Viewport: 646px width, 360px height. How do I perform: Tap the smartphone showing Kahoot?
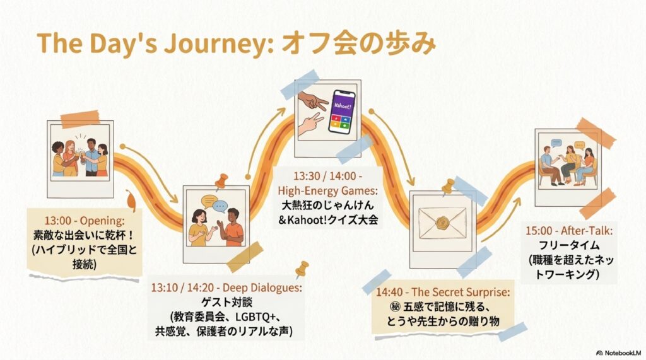pos(342,112)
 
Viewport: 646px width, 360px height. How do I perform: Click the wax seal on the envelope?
pos(442,223)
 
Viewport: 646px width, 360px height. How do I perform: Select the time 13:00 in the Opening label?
pos(57,221)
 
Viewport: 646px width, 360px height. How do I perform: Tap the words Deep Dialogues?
pos(262,287)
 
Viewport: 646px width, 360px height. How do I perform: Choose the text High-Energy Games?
pos(327,190)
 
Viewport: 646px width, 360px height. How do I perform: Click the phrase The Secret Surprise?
pos(460,292)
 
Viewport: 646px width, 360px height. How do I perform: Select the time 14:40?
pos(389,293)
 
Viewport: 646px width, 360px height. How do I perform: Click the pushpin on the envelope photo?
pos(448,186)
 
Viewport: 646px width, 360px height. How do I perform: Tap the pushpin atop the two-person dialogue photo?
pos(221,182)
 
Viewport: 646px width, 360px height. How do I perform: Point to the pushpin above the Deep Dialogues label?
pos(302,269)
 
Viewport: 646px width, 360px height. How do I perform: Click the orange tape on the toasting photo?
pos(80,119)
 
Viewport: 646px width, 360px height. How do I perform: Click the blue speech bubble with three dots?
pos(220,206)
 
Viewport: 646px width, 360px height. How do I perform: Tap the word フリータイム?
pos(569,245)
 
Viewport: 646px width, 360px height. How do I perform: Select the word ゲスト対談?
pos(226,303)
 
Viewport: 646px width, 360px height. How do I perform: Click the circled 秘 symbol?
pos(395,307)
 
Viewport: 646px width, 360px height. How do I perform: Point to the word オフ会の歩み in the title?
pos(358,44)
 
